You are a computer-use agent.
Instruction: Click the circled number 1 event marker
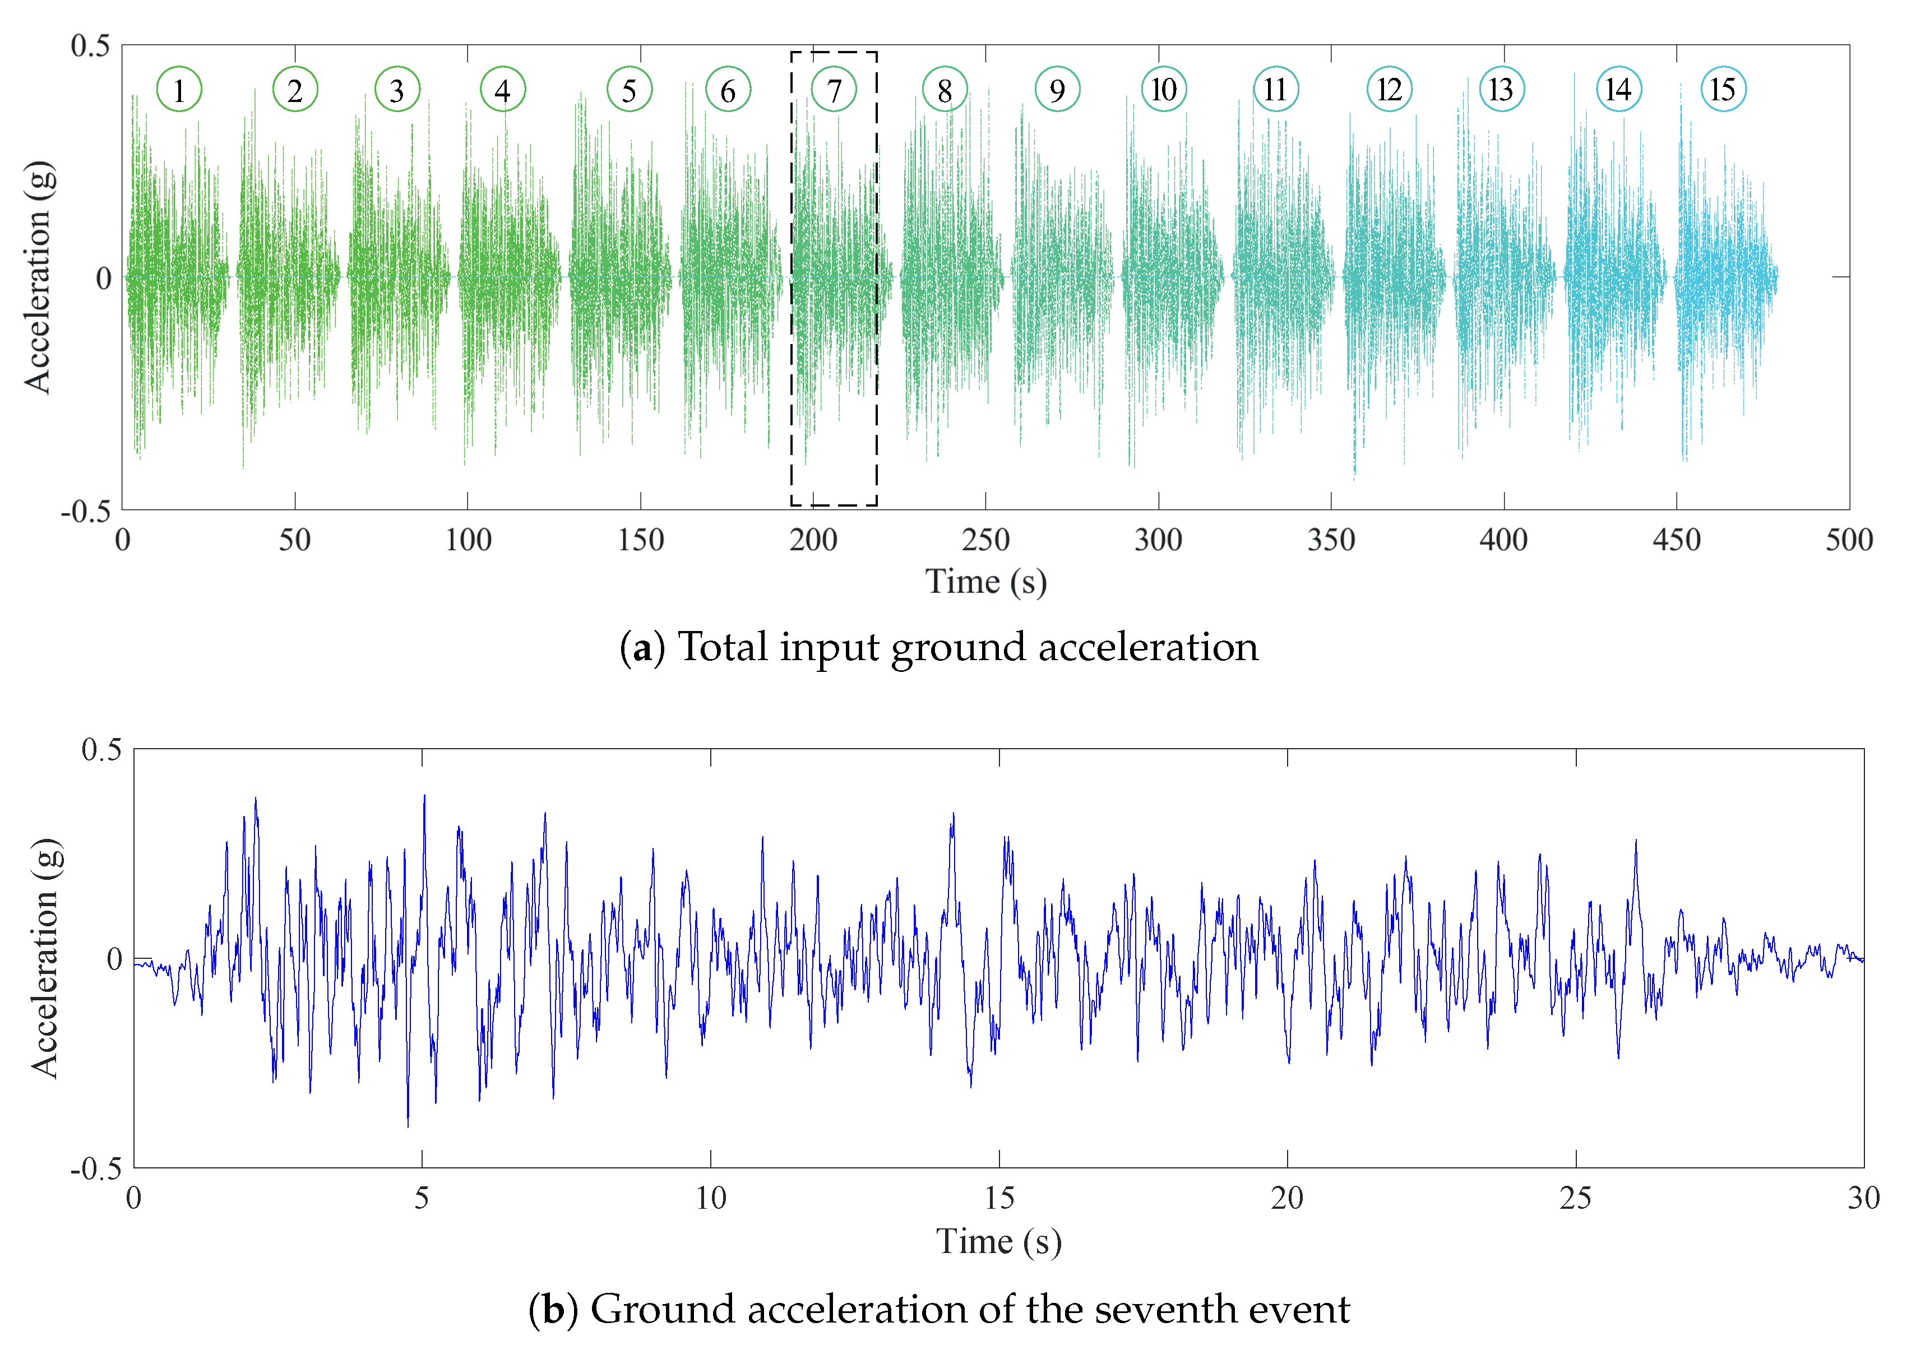coord(179,89)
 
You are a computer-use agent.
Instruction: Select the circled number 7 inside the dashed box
coord(833,89)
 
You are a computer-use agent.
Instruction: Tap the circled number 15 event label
coord(1723,89)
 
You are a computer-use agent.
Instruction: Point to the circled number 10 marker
coord(1163,89)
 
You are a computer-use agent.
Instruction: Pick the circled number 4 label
coord(502,89)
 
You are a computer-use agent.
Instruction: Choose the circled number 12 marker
coord(1389,89)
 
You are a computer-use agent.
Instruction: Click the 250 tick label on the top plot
coord(985,540)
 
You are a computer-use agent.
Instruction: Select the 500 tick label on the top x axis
coord(1848,540)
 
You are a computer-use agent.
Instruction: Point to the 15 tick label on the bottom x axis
coord(999,1198)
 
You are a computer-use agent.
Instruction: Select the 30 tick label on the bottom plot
coord(1863,1198)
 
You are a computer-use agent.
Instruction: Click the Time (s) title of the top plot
coord(985,582)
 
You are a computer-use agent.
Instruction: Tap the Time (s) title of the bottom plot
coord(999,1241)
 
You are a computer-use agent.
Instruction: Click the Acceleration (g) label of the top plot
coord(38,276)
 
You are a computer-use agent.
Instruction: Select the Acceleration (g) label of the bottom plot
coord(46,957)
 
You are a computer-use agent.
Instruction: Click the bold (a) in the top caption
coord(642,647)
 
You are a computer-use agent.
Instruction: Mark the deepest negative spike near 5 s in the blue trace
coord(407,1125)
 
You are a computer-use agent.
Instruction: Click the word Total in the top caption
coord(722,647)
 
